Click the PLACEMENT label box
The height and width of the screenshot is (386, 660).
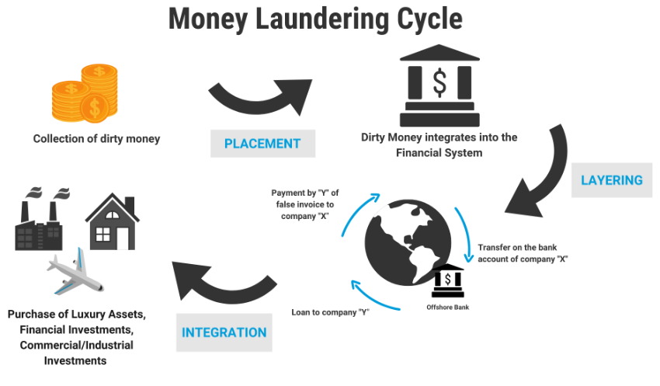point(262,144)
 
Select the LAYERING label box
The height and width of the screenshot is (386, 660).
point(612,180)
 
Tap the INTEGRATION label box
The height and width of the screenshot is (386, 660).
point(224,332)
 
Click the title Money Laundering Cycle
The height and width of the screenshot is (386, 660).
point(315,19)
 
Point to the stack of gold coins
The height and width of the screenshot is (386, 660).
point(87,94)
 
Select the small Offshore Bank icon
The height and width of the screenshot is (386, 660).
point(448,280)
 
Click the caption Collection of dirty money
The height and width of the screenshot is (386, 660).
point(96,139)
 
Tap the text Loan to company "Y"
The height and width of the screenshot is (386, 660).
point(330,312)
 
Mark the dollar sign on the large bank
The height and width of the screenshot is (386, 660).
point(439,82)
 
